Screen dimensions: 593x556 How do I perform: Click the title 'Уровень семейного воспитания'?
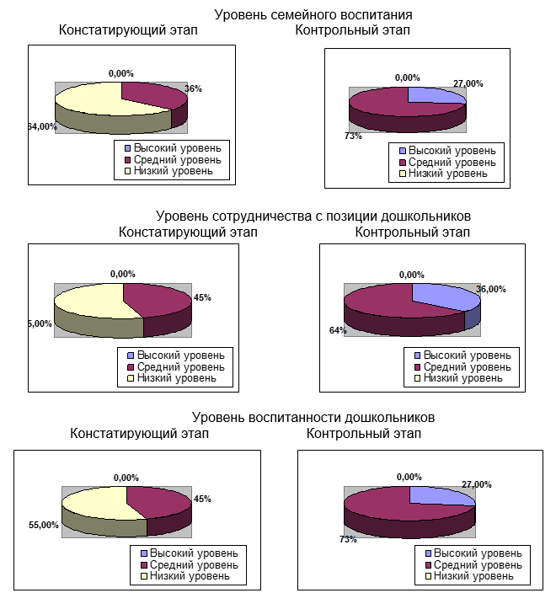(x=313, y=15)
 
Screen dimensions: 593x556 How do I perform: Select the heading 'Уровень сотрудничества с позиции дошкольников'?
(x=313, y=216)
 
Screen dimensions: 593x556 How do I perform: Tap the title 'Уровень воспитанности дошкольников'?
(x=313, y=417)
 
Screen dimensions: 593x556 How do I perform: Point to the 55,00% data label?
(x=44, y=525)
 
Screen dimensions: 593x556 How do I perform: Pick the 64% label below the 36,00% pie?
(x=338, y=330)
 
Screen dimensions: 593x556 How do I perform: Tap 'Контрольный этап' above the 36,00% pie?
(x=412, y=232)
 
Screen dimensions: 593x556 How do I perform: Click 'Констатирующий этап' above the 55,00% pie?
(x=139, y=433)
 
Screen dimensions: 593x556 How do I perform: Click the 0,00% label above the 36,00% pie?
(x=411, y=275)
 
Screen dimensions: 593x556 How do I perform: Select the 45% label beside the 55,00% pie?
(x=202, y=499)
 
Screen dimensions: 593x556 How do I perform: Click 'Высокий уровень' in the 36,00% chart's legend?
(x=467, y=355)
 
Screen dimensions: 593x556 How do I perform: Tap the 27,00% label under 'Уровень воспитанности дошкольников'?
(x=477, y=484)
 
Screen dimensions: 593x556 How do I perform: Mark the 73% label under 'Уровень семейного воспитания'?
(x=352, y=135)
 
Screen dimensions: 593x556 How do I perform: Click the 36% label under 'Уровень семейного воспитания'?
(x=194, y=88)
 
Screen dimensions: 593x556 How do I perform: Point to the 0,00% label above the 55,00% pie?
(x=126, y=478)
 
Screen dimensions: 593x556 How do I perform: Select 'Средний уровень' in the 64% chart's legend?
(x=467, y=367)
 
